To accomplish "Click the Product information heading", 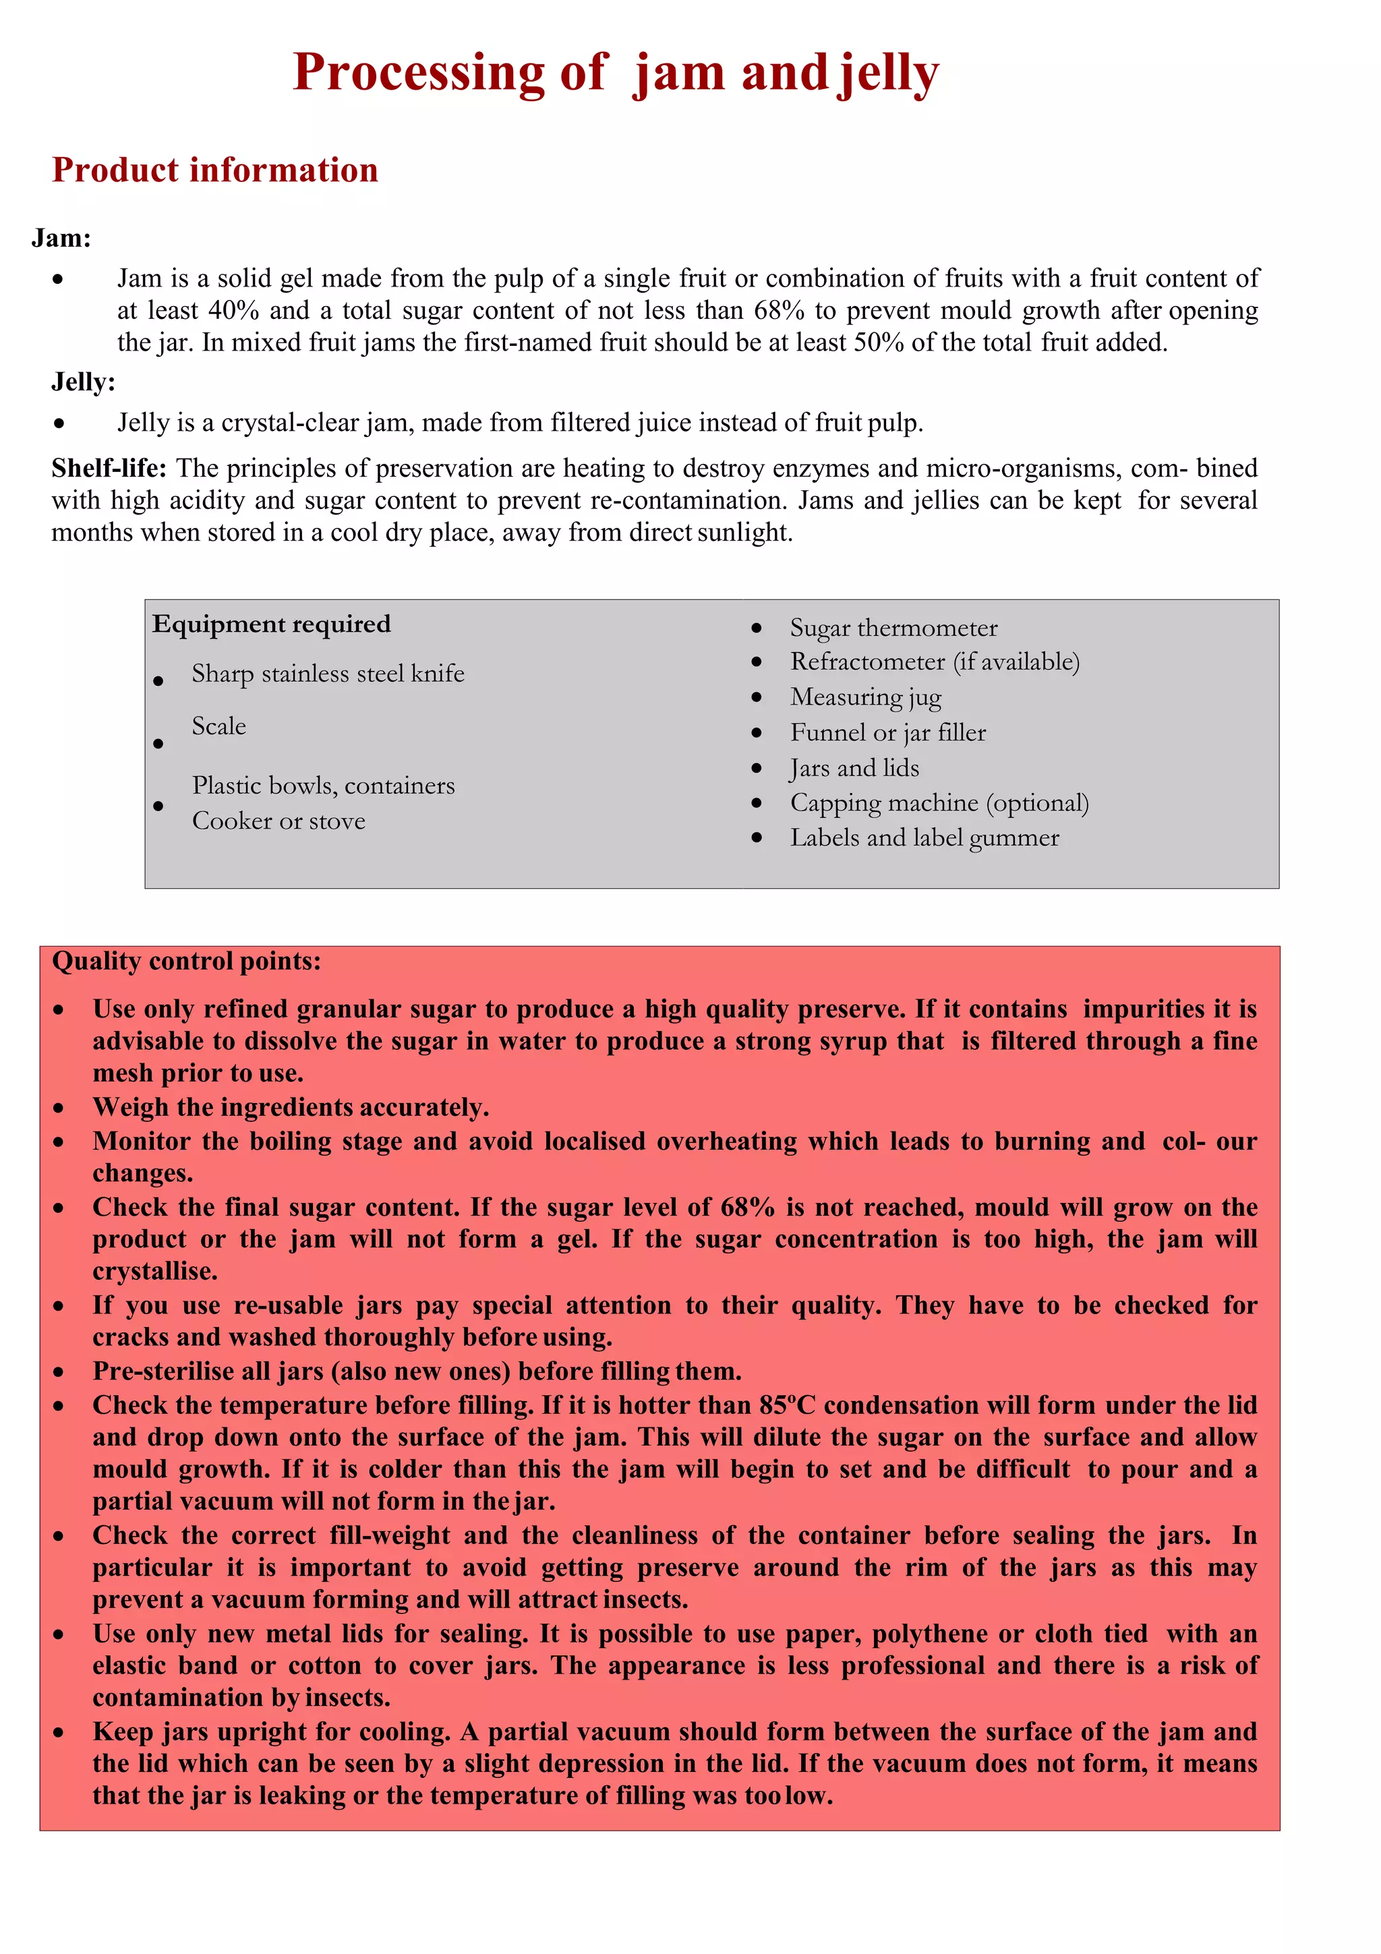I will point(214,170).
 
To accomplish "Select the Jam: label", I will point(61,238).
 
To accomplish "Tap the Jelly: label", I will point(82,382).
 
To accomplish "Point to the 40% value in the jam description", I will point(233,311).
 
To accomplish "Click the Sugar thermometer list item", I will point(893,628).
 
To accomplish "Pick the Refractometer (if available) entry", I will point(935,662).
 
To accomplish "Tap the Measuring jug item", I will point(865,697).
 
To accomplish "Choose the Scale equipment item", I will point(218,727).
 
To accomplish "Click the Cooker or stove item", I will point(278,821).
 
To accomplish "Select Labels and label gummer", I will point(924,838).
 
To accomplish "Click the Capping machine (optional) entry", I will point(939,804).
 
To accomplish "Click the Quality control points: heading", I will point(186,961).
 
